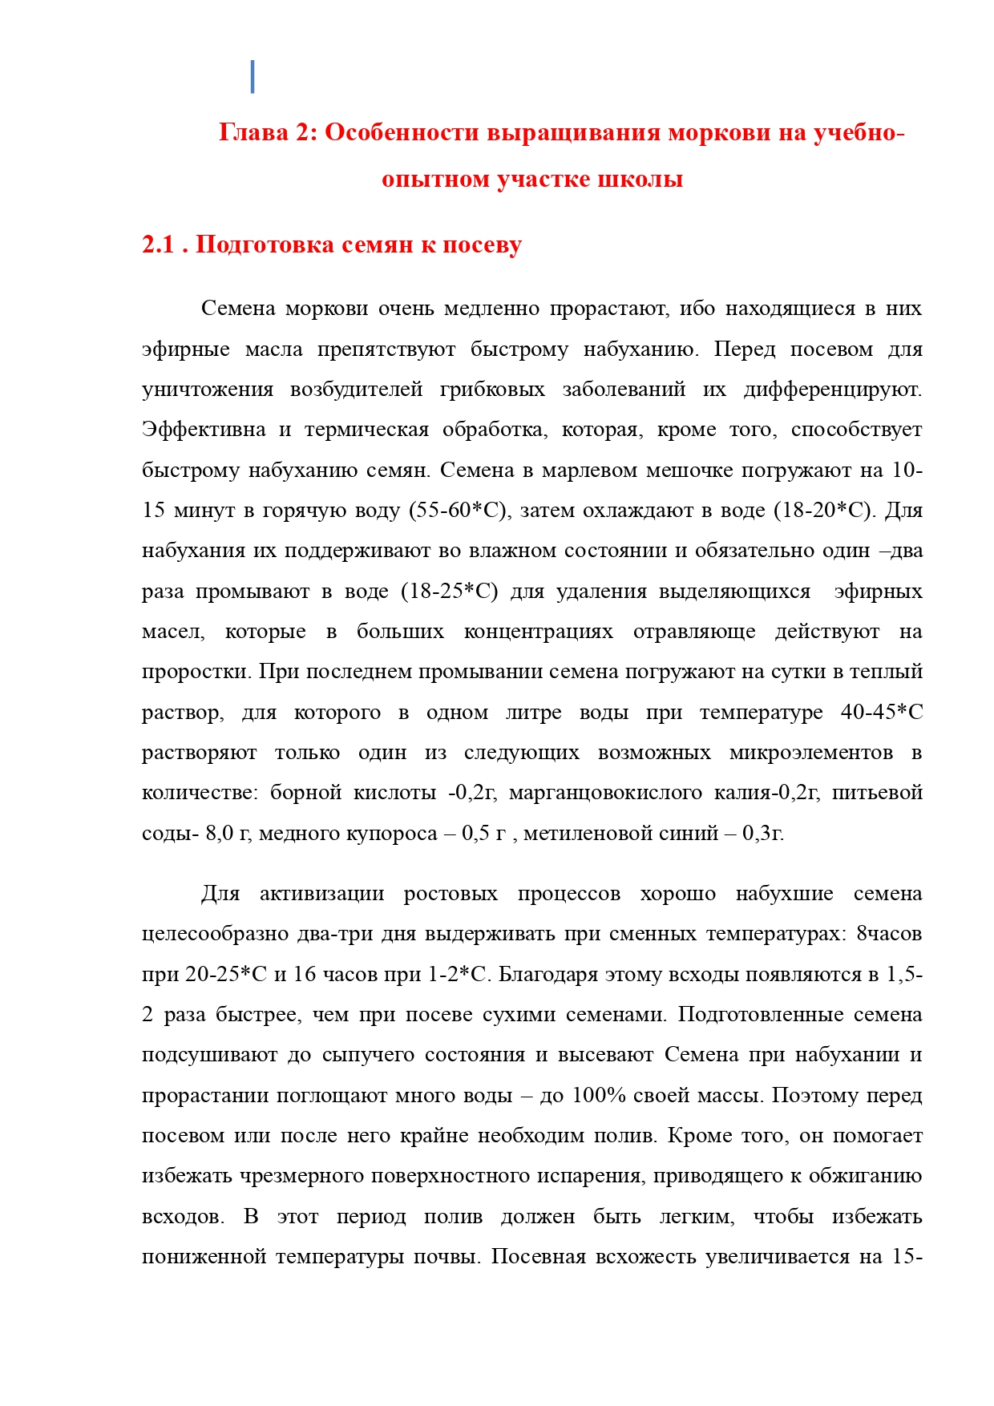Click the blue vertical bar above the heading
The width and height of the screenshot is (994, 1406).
tap(253, 76)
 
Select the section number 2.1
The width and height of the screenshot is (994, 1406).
tap(158, 244)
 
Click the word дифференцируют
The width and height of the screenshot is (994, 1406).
tap(832, 390)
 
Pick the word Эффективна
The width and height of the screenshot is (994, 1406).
tap(204, 430)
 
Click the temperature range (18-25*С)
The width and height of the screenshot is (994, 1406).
tap(449, 592)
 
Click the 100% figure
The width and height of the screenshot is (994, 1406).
tap(599, 1096)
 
